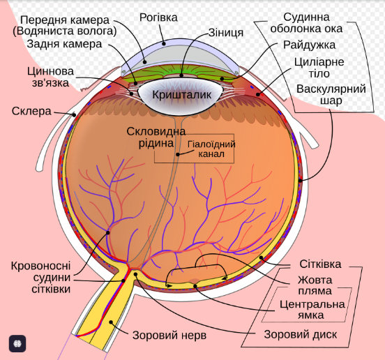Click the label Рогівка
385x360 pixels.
click(158, 18)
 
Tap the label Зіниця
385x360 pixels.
click(226, 33)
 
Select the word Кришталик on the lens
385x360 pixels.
click(182, 95)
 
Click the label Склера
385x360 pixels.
click(31, 111)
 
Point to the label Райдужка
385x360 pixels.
click(309, 45)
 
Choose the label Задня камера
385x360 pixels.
click(64, 44)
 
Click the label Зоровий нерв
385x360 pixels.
click(169, 335)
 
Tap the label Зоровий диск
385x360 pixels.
click(301, 334)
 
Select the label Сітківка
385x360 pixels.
click(320, 264)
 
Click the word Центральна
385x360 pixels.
click(312, 304)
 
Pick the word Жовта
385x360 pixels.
click(315, 280)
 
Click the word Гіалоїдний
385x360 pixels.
click(211, 144)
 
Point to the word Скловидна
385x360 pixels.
click(156, 132)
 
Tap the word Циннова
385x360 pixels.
click(50, 71)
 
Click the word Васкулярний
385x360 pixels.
click(331, 89)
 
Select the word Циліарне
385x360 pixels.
click(319, 62)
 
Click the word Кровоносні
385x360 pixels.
click(40, 266)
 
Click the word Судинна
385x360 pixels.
click(306, 17)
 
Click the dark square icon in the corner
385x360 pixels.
click(17, 343)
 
